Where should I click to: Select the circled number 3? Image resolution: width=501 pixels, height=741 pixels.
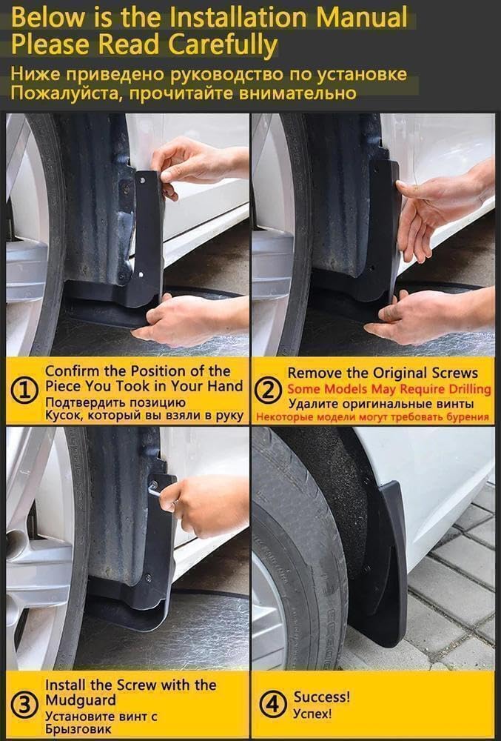point(26,705)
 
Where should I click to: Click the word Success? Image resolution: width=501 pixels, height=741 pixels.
point(322,697)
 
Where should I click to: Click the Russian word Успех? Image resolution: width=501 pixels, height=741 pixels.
point(312,713)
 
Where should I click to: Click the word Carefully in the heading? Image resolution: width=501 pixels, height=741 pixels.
point(223,45)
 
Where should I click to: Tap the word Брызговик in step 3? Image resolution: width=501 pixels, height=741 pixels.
point(78,729)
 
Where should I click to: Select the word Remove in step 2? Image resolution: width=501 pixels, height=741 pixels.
point(314,373)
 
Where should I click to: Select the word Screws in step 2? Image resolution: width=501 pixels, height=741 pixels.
point(454,373)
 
